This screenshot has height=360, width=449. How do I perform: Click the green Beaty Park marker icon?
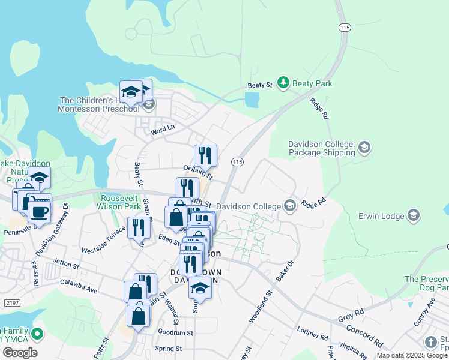pyautogui.click(x=283, y=84)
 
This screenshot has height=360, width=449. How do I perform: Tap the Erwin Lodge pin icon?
pyautogui.click(x=413, y=215)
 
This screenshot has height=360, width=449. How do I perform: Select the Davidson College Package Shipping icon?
pyautogui.click(x=364, y=147)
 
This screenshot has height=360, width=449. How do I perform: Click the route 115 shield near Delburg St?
pyautogui.click(x=237, y=162)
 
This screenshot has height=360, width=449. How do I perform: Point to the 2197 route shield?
pyautogui.click(x=11, y=303)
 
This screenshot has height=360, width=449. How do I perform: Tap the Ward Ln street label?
pyautogui.click(x=163, y=128)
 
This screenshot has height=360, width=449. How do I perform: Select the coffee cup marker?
pyautogui.click(x=39, y=212)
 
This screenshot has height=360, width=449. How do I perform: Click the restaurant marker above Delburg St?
pyautogui.click(x=205, y=155)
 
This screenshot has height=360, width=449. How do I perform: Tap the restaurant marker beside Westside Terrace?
pyautogui.click(x=139, y=227)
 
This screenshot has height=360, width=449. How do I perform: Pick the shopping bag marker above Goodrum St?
pyautogui.click(x=139, y=316)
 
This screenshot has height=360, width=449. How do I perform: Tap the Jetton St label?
pyautogui.click(x=66, y=263)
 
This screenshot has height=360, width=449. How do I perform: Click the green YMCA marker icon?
pyautogui.click(x=37, y=333)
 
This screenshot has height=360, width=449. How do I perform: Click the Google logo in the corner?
pyautogui.click(x=19, y=352)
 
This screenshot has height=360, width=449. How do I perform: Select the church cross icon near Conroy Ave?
pyautogui.click(x=430, y=342)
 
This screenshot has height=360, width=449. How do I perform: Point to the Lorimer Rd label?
pyautogui.click(x=312, y=334)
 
